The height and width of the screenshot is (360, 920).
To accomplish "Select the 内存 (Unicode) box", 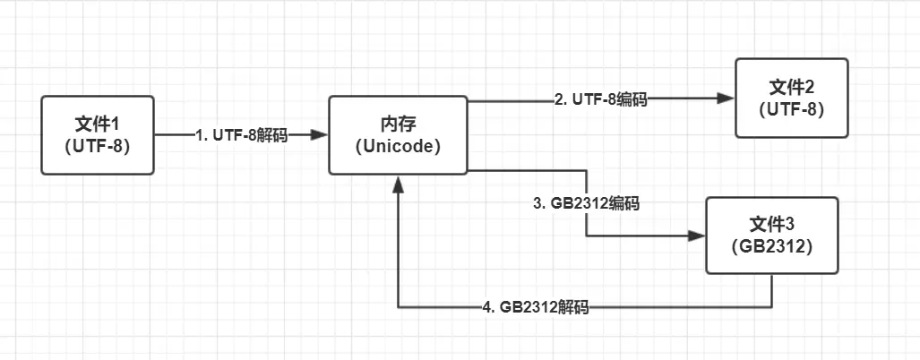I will coord(397,135).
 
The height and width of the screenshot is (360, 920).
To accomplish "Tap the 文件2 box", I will coord(790,98).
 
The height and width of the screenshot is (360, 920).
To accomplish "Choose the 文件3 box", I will coord(771,236).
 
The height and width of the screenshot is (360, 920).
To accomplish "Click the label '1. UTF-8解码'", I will coord(242,135).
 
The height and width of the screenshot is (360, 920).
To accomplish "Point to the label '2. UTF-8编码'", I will coord(600,100).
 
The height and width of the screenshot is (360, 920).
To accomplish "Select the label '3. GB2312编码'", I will coord(587,203).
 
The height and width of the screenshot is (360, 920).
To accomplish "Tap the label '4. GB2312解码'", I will coord(536,307).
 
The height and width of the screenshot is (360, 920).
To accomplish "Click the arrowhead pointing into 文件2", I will coord(725,100).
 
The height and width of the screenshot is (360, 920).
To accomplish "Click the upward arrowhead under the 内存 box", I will coord(397,184).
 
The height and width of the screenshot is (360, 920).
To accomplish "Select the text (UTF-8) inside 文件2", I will coord(790,108).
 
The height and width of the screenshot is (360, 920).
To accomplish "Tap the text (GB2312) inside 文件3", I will coord(771,247).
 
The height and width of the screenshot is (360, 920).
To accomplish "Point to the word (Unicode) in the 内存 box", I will coord(397,146).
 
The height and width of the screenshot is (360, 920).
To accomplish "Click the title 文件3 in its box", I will coord(771,223).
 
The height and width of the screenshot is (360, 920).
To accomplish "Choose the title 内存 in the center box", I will coord(397,123).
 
